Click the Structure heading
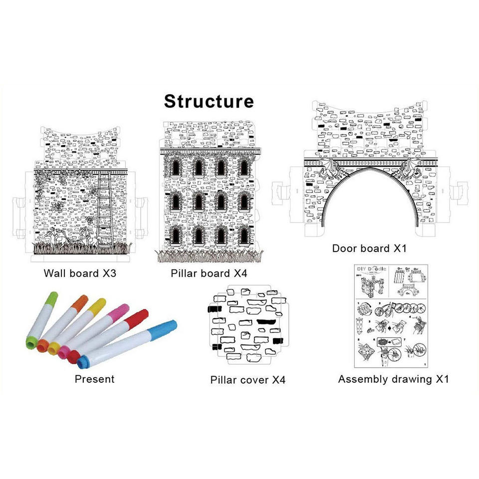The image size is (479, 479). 209,101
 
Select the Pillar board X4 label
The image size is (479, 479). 209,273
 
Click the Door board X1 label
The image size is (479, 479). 370,248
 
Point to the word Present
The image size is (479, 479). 94,379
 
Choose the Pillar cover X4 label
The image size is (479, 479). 247,380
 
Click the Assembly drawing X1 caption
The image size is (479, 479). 393,379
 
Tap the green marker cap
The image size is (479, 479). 51,298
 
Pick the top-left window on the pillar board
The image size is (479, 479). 176,167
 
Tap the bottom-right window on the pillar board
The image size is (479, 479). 244,235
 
